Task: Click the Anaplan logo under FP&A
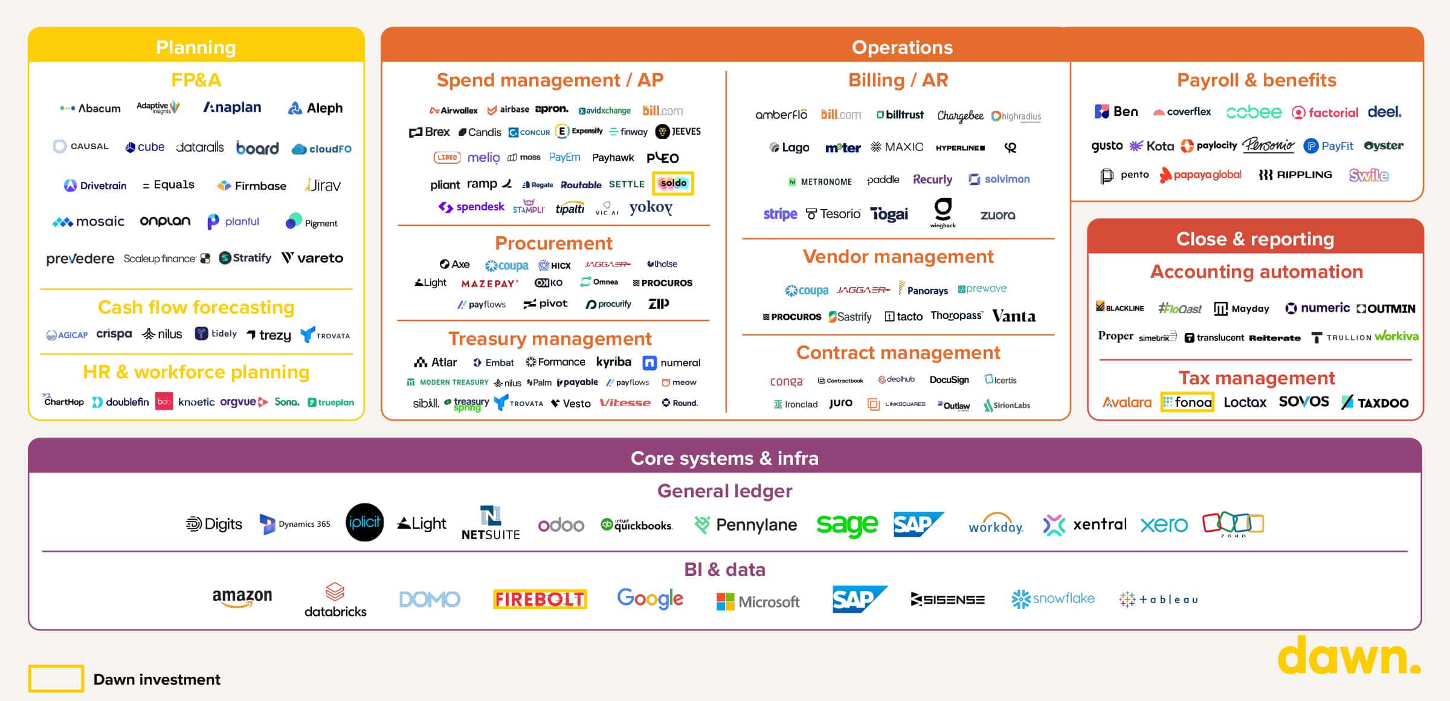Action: point(233,108)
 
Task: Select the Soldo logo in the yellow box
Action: point(673,183)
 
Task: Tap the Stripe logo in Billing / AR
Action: point(780,214)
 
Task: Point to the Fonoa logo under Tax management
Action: point(1187,402)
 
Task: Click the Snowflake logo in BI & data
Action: point(1053,599)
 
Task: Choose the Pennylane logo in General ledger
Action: point(746,525)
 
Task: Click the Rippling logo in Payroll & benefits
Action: point(1295,175)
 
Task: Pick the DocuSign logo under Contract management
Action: point(949,380)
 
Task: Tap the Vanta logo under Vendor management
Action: point(1014,316)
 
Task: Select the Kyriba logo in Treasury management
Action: point(613,362)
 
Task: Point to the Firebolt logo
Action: point(540,599)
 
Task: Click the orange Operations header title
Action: point(902,47)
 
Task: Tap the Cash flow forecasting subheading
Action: point(196,307)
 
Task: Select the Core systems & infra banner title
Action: point(724,458)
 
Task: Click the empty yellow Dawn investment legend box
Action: point(56,679)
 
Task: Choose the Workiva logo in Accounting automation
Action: point(1397,336)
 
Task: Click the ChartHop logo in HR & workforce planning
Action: point(63,401)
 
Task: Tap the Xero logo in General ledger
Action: point(1164,525)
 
